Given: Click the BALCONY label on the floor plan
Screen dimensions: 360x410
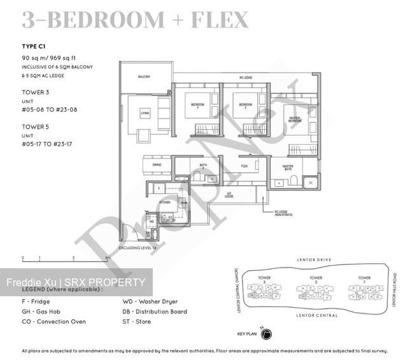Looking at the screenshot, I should point(144,77).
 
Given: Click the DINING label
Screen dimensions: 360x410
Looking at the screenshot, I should point(157,165).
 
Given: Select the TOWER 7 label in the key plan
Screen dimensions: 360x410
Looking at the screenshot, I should point(364,278).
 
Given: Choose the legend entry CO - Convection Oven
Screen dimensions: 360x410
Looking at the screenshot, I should point(53,322).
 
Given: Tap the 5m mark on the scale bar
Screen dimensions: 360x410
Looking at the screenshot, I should point(107,259).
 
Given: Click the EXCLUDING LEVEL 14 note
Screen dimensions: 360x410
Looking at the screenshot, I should point(138,247).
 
